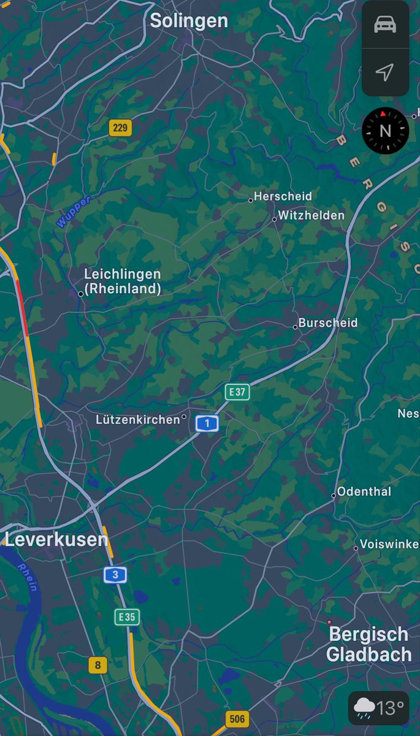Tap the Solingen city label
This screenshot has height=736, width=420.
point(189,21)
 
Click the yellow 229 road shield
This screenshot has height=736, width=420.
point(120,128)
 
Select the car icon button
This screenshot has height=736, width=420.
point(385,25)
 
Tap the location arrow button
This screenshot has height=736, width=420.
point(385,73)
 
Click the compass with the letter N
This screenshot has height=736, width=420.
point(385,130)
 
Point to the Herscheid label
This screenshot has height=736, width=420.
point(283,196)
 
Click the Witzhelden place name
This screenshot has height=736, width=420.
point(311,215)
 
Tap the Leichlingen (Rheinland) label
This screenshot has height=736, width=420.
point(123,282)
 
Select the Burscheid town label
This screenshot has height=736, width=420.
point(327,323)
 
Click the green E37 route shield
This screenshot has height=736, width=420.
point(237,392)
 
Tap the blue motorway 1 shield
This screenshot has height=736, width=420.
point(207,423)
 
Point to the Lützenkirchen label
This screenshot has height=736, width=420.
point(139,420)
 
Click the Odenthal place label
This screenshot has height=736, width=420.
point(364,491)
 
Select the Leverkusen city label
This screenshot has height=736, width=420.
point(56,540)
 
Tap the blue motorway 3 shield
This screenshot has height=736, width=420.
point(115,575)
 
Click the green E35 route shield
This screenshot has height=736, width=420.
point(127,617)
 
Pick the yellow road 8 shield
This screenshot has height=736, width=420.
point(97,665)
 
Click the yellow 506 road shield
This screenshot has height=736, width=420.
point(237,719)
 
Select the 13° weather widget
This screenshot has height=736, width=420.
point(378,708)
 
